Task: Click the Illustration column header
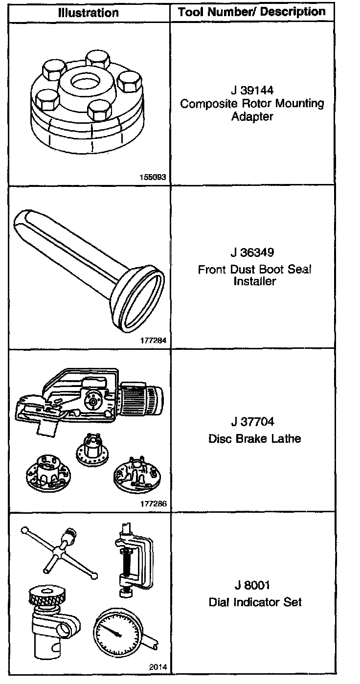[89, 12]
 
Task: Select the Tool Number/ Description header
[252, 12]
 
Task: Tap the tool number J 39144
[252, 91]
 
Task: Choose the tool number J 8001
[252, 586]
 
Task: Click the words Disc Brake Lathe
[254, 438]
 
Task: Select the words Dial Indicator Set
[255, 602]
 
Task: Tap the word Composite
[205, 104]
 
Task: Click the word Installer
[254, 282]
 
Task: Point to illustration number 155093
[153, 177]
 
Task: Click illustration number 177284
[153, 341]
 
